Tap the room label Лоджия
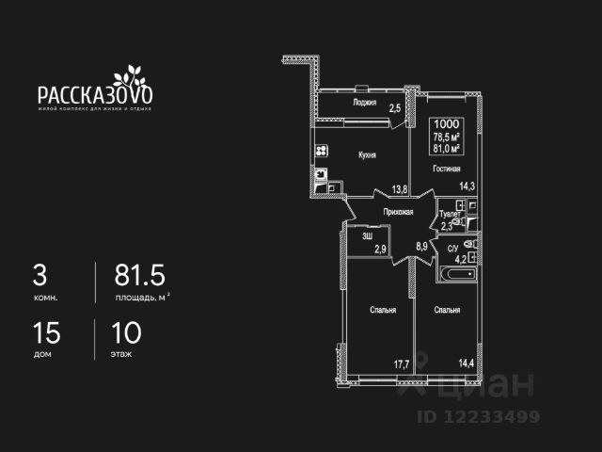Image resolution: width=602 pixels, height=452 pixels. click(365, 102)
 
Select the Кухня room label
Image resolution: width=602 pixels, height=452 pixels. click(367, 154)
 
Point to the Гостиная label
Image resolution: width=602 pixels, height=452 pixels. click(446, 169)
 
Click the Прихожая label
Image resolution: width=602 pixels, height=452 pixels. click(399, 213)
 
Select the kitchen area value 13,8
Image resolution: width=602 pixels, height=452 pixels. click(399, 189)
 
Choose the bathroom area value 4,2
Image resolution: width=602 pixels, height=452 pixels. click(461, 256)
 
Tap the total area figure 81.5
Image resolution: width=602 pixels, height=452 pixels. click(140, 276)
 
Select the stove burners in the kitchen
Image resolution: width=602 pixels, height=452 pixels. click(321, 151)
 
